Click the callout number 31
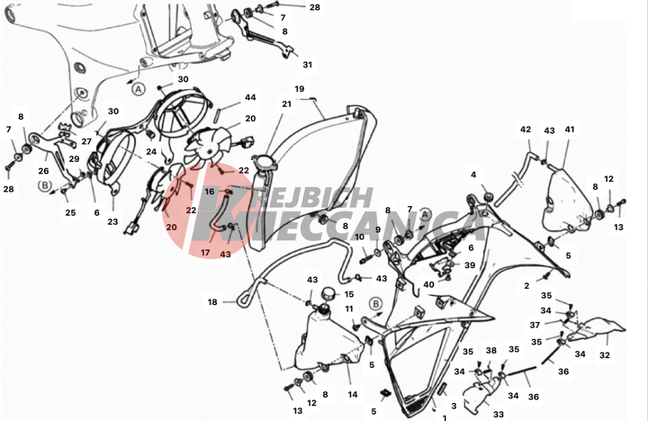click(x=307, y=65)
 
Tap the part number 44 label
click(x=250, y=97)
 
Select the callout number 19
click(x=300, y=89)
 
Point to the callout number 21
click(x=287, y=104)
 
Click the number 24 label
click(x=151, y=152)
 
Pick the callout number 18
click(x=212, y=302)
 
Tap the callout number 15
click(x=349, y=294)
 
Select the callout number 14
click(x=352, y=394)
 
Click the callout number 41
click(x=570, y=130)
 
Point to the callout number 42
click(x=525, y=130)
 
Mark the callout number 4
click(x=473, y=175)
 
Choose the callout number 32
click(x=605, y=355)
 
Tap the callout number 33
click(x=498, y=414)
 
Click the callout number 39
click(x=470, y=265)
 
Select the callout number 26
click(x=43, y=171)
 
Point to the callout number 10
click(x=359, y=237)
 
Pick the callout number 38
click(x=491, y=350)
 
